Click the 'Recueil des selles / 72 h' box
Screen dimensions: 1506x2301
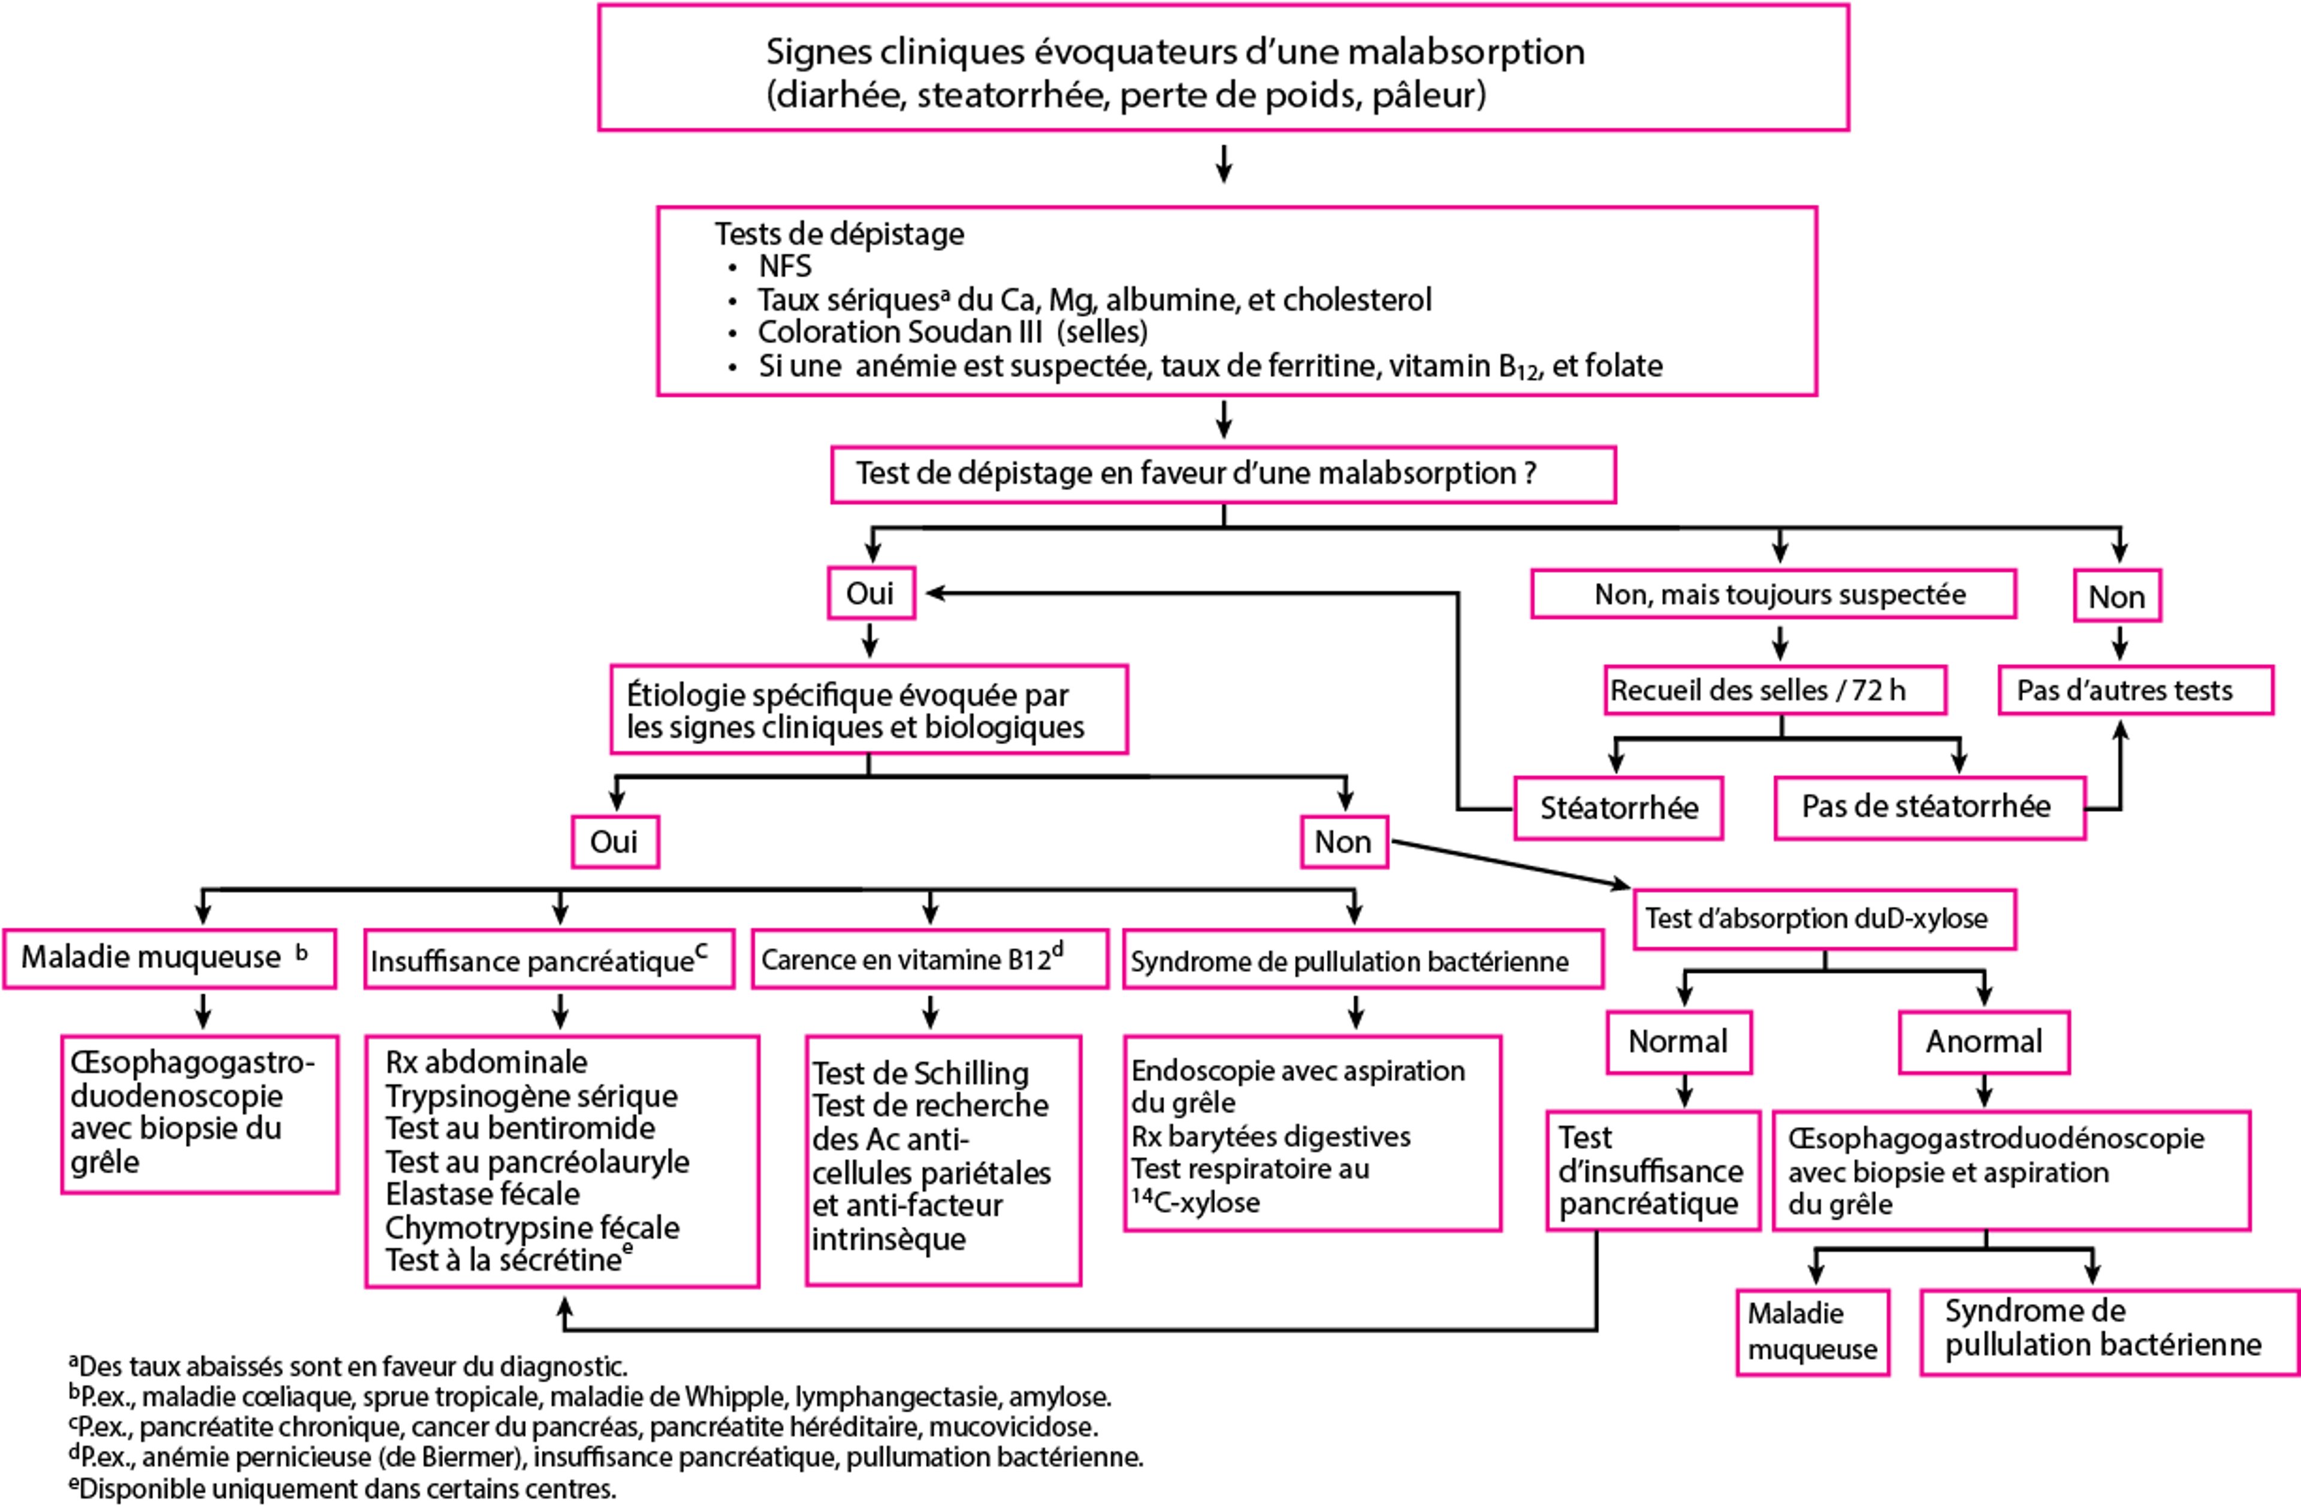point(1774,690)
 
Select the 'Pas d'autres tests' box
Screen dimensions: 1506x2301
point(2134,690)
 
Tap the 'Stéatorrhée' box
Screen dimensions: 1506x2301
point(1617,808)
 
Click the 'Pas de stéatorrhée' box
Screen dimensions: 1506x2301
point(1929,807)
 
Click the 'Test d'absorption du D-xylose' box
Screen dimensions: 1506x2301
point(1823,918)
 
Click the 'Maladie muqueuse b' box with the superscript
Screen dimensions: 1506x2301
point(169,958)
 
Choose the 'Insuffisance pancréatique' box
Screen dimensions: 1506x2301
point(548,960)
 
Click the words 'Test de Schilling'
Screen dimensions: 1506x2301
point(920,1073)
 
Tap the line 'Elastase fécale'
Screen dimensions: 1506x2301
point(482,1194)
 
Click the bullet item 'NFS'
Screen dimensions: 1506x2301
point(784,267)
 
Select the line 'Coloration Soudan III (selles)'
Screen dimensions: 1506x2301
point(952,331)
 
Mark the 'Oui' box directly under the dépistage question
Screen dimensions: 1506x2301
point(870,593)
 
